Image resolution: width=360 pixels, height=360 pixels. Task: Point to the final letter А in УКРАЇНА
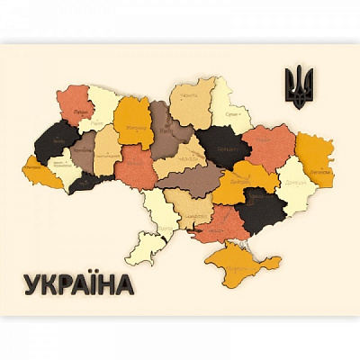[122, 284]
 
